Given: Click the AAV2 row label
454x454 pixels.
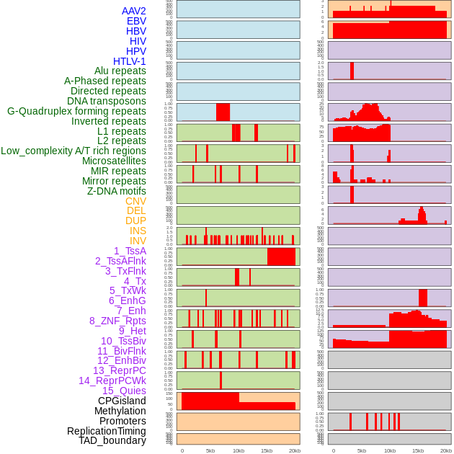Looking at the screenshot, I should (x=133, y=11).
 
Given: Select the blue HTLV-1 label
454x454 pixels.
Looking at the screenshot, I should (x=129, y=61).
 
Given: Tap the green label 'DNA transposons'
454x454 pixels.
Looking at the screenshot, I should (x=106, y=101).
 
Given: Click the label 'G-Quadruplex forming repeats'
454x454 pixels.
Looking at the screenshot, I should (x=76, y=111).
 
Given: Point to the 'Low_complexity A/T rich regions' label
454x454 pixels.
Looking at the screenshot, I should (x=74, y=151).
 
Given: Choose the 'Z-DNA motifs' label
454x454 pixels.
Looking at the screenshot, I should (x=116, y=191).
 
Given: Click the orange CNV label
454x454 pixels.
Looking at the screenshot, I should (x=135, y=201).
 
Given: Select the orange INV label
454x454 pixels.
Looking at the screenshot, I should (x=138, y=241).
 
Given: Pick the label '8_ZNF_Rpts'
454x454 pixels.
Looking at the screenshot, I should (x=117, y=321).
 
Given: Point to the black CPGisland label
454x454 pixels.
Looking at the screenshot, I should (x=122, y=401).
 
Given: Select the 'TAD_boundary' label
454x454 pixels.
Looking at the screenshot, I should (x=112, y=440).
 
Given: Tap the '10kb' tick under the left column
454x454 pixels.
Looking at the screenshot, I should (x=238, y=450).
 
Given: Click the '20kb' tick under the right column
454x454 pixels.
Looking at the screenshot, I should (x=446, y=450).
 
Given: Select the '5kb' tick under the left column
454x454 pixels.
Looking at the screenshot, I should (x=210, y=450).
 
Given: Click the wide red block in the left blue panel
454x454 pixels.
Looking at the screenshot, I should (x=223, y=112).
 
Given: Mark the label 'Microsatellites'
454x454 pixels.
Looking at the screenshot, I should (x=114, y=161).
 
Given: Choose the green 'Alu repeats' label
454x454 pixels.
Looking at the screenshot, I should (x=120, y=71).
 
